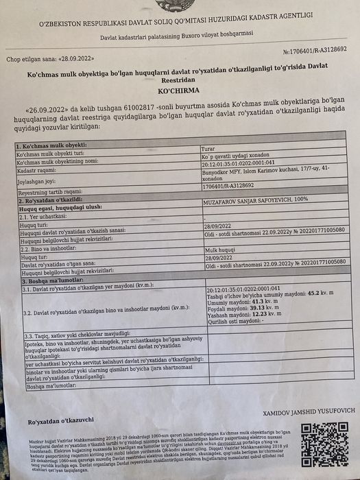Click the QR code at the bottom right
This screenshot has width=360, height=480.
[x=324, y=445]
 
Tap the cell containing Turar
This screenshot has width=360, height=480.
[x=208, y=148]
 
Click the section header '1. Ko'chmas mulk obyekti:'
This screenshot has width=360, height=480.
[x=52, y=146]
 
